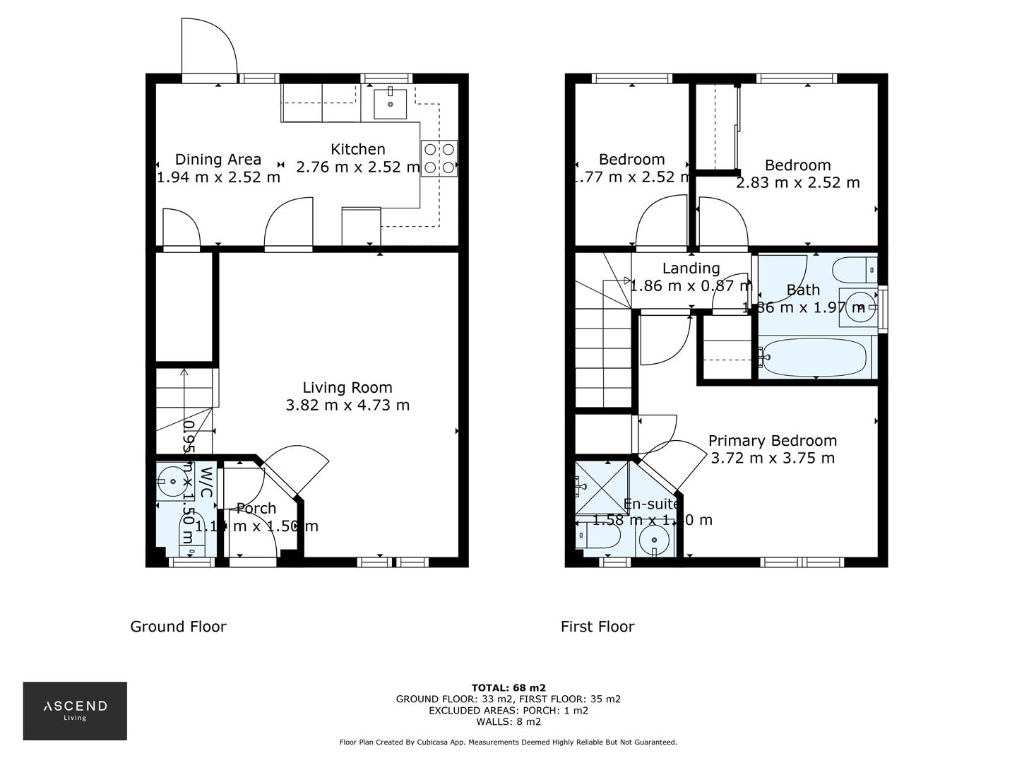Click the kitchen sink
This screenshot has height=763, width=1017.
pos(390,103)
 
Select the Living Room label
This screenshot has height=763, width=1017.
pos(347,388)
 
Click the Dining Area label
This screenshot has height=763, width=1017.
pos(218,160)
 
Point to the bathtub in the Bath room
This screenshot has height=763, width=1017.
pos(815,357)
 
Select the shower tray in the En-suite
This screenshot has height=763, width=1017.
pos(601,488)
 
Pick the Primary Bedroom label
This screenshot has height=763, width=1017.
pos(773,441)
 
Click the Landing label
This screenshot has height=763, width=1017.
pos(691,268)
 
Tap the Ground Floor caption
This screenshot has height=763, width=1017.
pos(178,627)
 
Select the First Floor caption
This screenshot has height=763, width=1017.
pos(597,627)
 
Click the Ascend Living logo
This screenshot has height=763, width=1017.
pos(75,710)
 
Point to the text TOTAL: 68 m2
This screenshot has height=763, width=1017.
pos(509,687)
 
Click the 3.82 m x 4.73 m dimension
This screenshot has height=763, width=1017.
pos(347,406)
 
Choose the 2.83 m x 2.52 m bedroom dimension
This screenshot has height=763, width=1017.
pos(798,183)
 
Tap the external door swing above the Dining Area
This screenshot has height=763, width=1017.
pos(209,49)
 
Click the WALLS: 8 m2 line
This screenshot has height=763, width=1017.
pos(509,722)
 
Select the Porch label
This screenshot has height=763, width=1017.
pos(256,509)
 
